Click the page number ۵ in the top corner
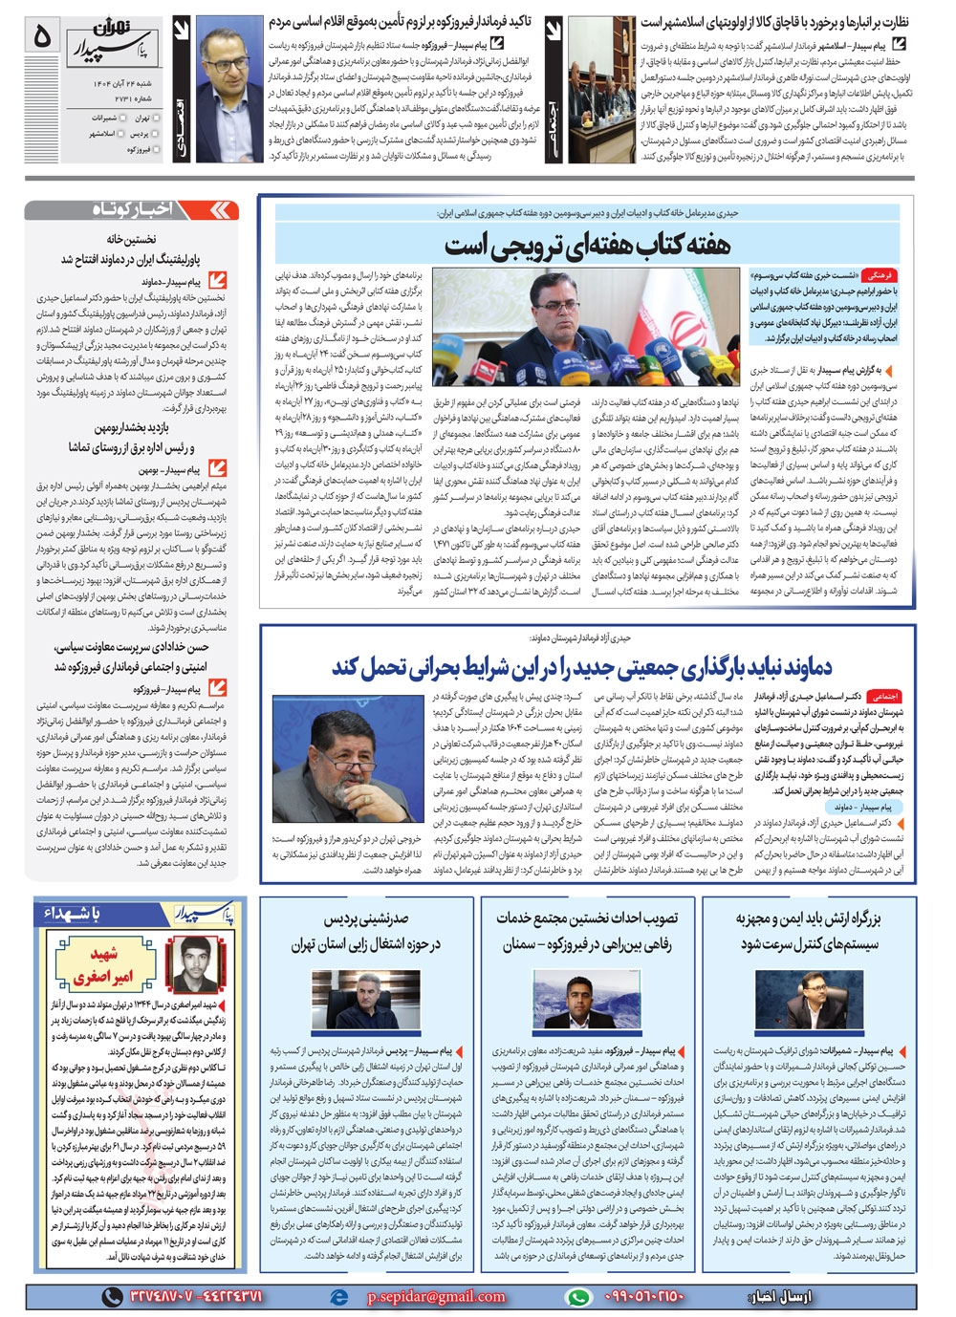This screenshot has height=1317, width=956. click(41, 35)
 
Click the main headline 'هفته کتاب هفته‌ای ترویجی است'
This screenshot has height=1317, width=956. click(586, 246)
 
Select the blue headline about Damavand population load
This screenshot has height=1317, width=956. click(582, 666)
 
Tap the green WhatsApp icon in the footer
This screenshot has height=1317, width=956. click(578, 1297)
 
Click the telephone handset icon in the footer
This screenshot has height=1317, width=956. click(113, 1297)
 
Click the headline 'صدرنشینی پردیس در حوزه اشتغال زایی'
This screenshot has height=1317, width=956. click(366, 931)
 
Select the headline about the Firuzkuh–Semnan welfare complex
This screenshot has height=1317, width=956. click(586, 931)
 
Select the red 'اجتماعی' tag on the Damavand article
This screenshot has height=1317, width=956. click(885, 697)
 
